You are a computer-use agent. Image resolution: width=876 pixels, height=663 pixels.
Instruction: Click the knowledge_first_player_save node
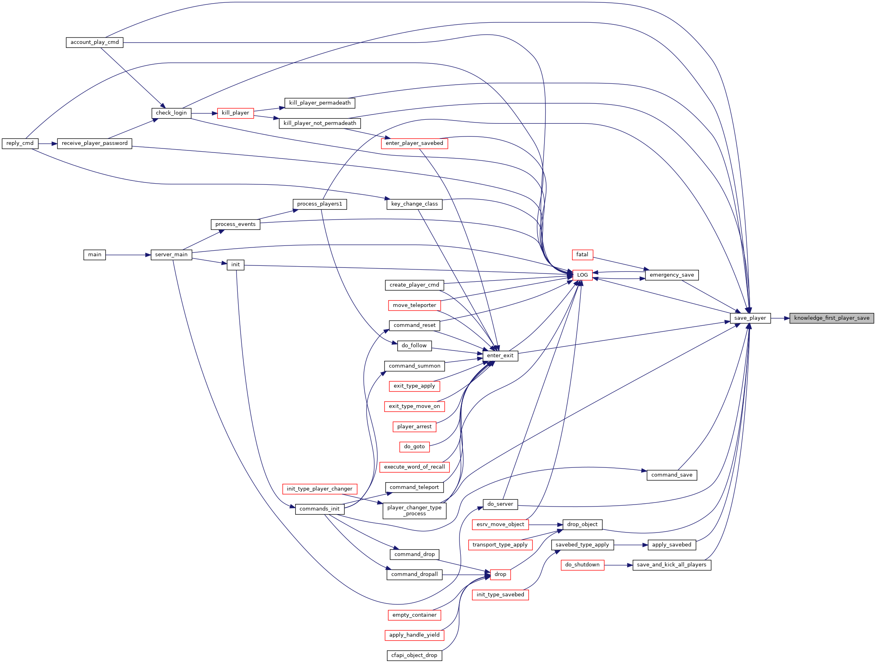(x=832, y=318)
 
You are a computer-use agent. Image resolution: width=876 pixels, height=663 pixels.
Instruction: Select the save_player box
(x=750, y=318)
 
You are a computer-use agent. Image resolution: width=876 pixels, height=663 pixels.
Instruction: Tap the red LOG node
(x=582, y=275)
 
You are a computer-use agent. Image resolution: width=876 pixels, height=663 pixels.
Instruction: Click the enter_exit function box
(x=500, y=356)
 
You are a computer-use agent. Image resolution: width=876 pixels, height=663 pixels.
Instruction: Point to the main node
(x=95, y=255)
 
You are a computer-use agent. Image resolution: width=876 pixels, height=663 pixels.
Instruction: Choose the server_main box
(x=171, y=255)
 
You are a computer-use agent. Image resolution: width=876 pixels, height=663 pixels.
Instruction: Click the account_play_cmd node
(x=95, y=42)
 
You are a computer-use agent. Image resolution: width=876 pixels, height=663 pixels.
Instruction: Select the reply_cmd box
(x=20, y=143)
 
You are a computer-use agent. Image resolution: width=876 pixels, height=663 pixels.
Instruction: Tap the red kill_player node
(x=235, y=113)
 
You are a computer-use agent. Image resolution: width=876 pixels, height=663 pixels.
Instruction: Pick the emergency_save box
(x=672, y=275)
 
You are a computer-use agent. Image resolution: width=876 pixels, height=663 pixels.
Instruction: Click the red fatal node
(x=582, y=255)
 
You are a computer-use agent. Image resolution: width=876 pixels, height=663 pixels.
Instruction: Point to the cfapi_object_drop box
(x=414, y=655)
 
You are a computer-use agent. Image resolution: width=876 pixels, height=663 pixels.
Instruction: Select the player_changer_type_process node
(x=414, y=511)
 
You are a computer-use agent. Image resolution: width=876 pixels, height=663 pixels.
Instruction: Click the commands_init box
(x=320, y=509)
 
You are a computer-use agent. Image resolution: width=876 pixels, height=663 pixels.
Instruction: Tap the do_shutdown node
(x=582, y=565)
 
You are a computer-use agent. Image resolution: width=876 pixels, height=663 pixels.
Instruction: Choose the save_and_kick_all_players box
(x=672, y=565)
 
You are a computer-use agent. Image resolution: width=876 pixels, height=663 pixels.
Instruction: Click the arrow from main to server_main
(x=128, y=255)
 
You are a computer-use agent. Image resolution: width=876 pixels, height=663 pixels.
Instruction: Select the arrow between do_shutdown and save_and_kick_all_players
(x=618, y=565)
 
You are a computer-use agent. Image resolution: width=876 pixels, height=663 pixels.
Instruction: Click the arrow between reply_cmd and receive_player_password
(x=48, y=143)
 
